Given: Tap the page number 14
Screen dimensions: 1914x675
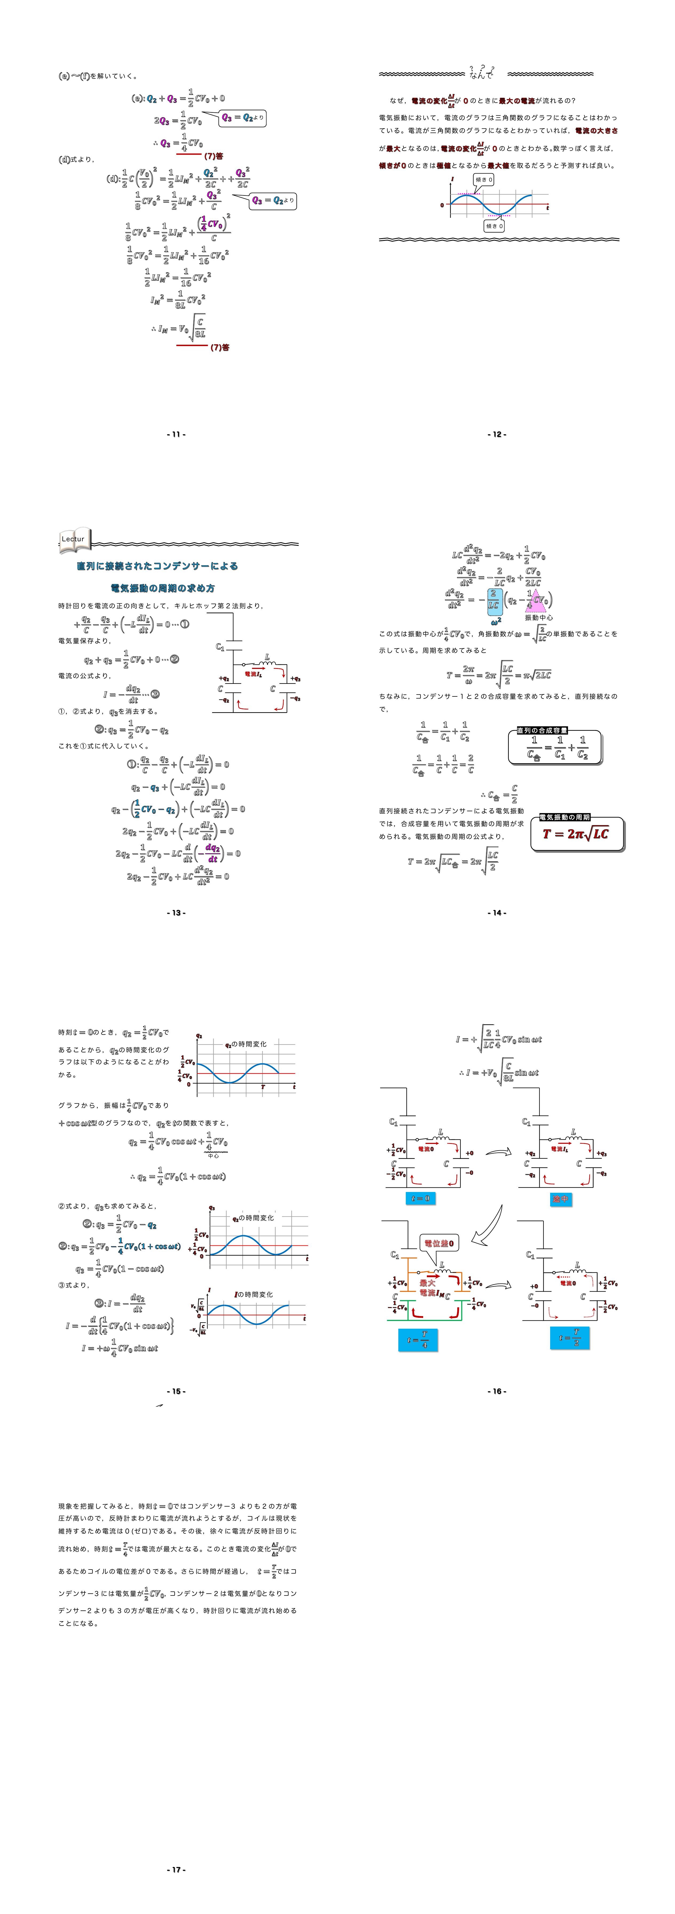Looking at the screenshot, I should coord(497,912).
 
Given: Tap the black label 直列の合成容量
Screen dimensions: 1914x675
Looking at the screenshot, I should coord(542,730).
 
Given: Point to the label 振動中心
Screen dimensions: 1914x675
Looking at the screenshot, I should coord(538,617).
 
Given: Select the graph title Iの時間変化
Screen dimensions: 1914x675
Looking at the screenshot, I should coord(254,1294).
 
